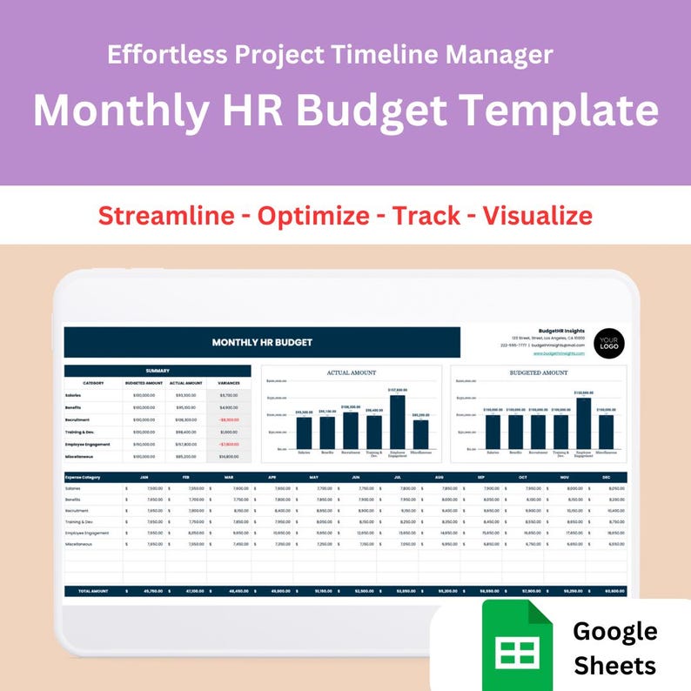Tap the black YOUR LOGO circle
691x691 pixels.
[609, 343]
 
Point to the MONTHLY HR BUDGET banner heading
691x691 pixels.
[262, 343]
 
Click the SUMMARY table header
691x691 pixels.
[158, 371]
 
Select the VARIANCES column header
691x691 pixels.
[228, 383]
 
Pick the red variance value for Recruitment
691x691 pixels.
[229, 419]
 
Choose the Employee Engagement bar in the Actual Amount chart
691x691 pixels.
[398, 422]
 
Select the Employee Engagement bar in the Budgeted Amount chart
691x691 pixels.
[583, 423]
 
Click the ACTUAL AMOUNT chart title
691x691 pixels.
[352, 372]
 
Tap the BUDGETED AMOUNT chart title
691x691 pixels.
[539, 372]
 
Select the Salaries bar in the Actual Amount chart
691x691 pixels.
[304, 433]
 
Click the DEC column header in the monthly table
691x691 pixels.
[607, 477]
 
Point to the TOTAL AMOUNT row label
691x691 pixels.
[93, 591]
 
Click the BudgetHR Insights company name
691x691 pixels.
[561, 331]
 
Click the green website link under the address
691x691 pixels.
[559, 354]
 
